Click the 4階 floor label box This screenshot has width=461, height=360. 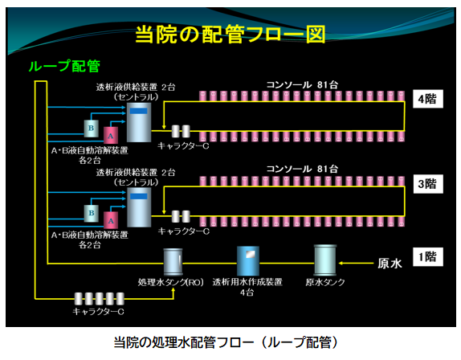click(428, 99)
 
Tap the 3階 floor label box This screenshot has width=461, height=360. click(428, 184)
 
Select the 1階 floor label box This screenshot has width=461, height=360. click(428, 257)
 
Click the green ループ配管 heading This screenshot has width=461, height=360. click(64, 66)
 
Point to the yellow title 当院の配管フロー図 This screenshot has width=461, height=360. click(230, 35)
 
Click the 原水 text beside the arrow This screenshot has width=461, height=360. click(390, 264)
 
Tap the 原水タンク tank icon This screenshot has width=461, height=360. click(325, 260)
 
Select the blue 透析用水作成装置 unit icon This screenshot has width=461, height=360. click(248, 261)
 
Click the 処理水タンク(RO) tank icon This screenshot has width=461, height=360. click(173, 262)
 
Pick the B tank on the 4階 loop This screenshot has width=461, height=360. click(91, 129)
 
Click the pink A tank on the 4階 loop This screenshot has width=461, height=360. click(111, 135)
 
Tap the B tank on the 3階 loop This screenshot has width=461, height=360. click(91, 213)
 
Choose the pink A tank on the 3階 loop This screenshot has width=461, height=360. click(111, 220)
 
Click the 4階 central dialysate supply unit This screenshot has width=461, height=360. click(139, 122)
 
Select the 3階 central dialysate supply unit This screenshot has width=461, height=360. click(139, 207)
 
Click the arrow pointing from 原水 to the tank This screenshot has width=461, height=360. click(356, 264)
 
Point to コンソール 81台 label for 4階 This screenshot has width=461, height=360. click(302, 84)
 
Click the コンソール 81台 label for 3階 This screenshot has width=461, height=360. click(302, 169)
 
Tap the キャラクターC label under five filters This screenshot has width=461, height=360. click(98, 311)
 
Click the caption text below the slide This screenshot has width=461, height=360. click(226, 342)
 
